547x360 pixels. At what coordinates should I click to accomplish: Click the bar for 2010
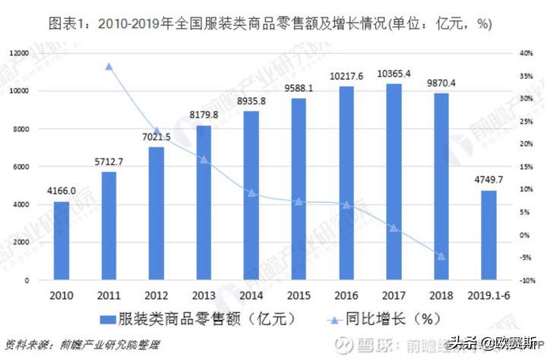coord(62,241)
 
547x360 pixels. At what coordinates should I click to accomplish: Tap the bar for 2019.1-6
coord(489,235)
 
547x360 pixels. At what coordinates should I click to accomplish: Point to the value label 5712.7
coord(109,161)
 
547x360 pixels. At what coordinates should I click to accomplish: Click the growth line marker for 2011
coord(109,67)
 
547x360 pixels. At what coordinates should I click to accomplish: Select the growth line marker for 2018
coord(441,256)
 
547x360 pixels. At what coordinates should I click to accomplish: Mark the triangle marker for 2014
coord(251,193)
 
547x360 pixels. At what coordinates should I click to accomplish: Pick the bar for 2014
coord(251,196)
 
